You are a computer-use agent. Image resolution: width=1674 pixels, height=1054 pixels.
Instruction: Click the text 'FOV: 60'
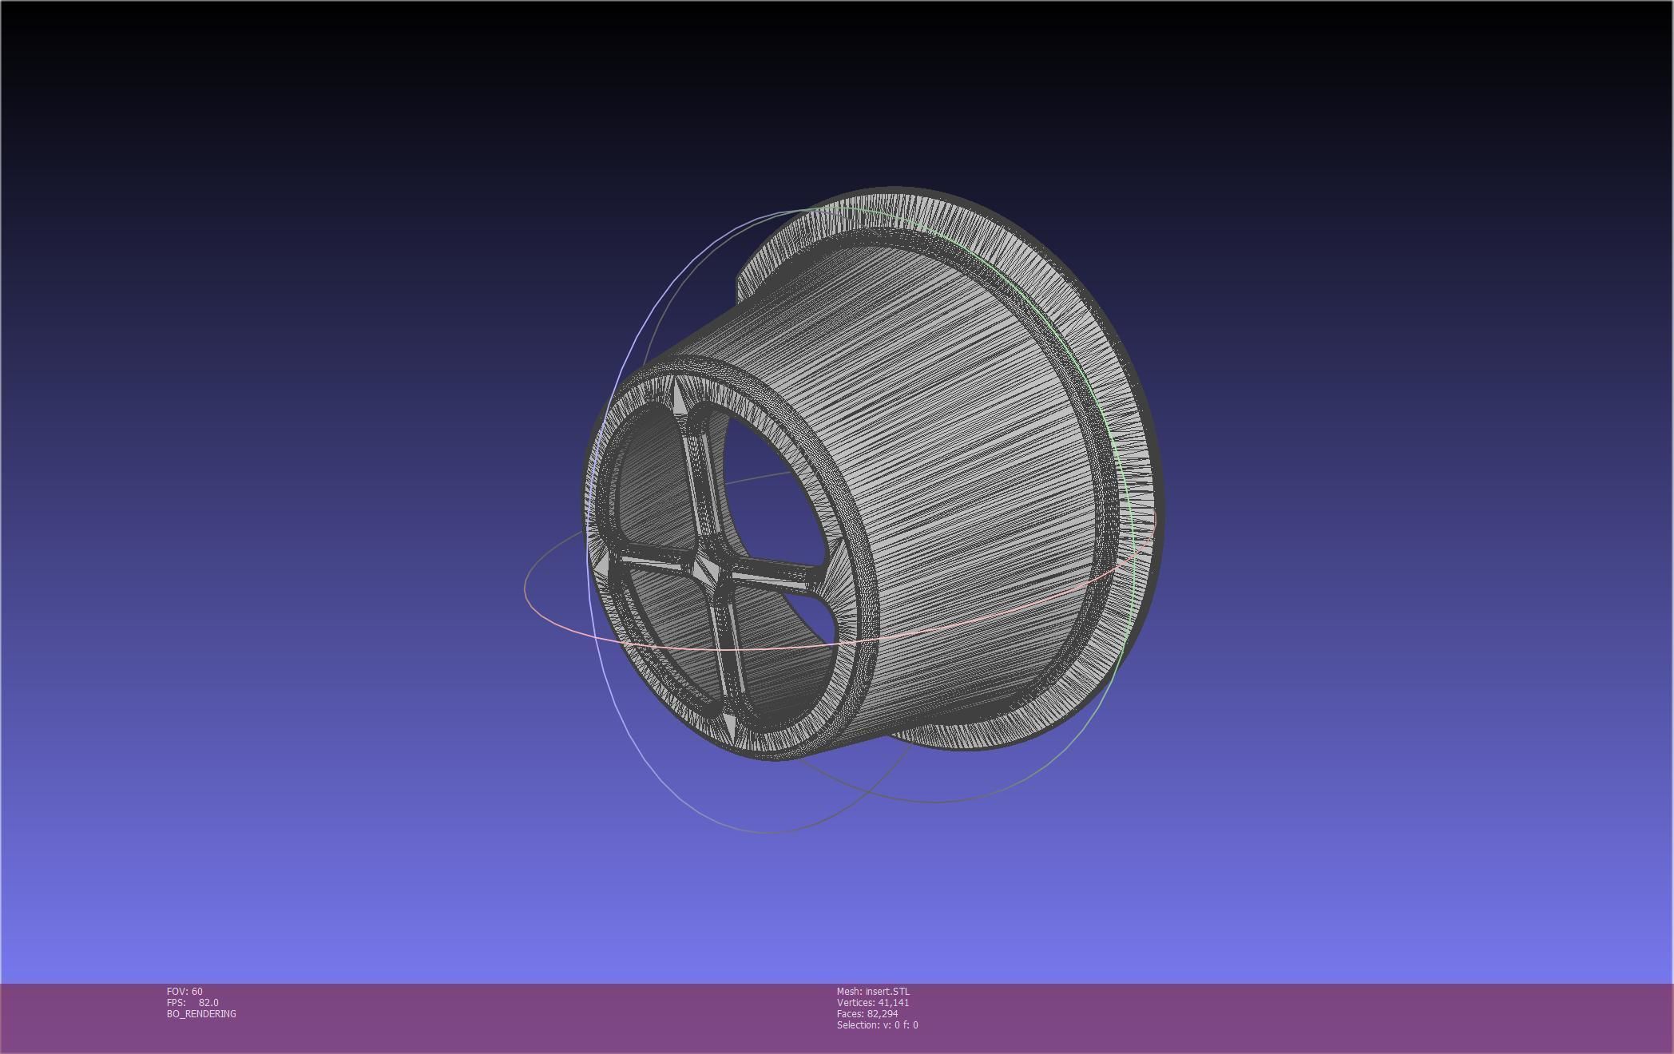click(x=184, y=992)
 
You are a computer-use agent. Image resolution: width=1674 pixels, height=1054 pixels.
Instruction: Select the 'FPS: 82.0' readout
click(x=192, y=1003)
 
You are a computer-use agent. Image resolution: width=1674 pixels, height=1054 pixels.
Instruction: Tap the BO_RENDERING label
click(x=201, y=1014)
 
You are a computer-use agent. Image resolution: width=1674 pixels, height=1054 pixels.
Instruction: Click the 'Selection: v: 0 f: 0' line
click(x=877, y=1025)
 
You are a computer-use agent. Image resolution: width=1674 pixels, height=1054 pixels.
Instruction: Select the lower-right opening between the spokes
click(x=791, y=631)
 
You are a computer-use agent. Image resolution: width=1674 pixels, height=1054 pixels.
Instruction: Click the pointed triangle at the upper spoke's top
click(x=678, y=397)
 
